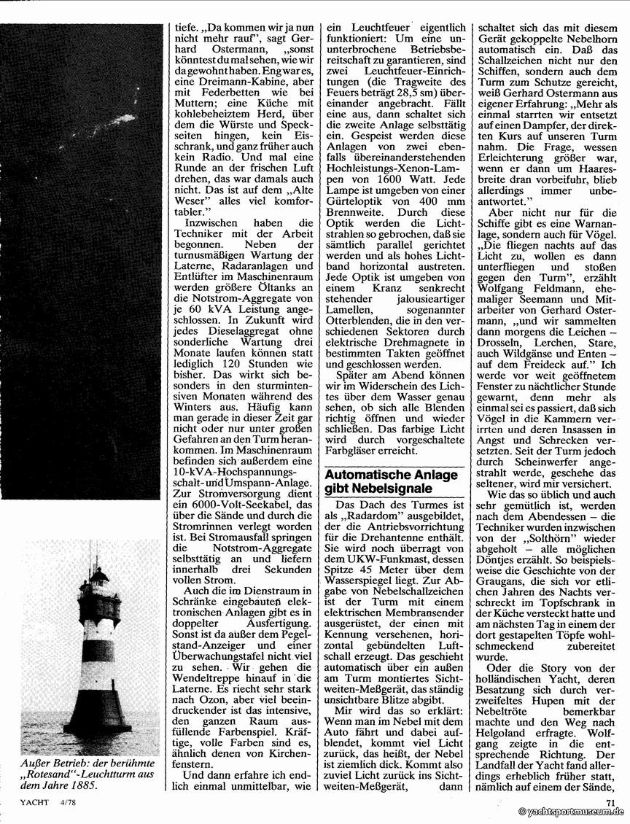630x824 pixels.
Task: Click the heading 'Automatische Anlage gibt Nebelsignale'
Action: pyautogui.click(x=391, y=482)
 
